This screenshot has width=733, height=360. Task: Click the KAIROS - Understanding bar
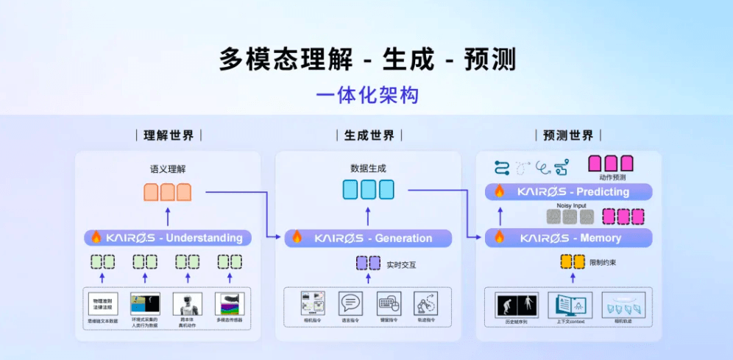[x=168, y=238]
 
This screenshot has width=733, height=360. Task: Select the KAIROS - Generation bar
[x=369, y=238]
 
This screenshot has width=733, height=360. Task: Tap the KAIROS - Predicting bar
[x=569, y=191]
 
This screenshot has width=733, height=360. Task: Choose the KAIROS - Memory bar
[x=569, y=238]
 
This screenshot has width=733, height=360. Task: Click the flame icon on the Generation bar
[x=297, y=237]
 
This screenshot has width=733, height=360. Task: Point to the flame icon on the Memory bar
[x=499, y=237]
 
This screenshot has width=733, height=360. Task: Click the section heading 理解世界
[x=169, y=135]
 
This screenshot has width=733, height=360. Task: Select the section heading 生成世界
[x=369, y=135]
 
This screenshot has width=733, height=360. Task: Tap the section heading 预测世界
[x=568, y=135]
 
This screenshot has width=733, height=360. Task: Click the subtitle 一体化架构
[x=366, y=96]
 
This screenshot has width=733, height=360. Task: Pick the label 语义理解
[x=168, y=169]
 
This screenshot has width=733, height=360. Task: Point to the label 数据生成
[x=368, y=169]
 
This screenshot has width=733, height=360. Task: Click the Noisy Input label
[x=570, y=205]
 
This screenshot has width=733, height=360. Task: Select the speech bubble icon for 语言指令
[x=350, y=303]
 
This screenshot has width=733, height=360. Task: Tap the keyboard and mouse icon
[x=389, y=303]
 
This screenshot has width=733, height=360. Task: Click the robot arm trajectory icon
[x=425, y=303]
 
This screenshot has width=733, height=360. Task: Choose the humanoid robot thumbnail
[x=187, y=303]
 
